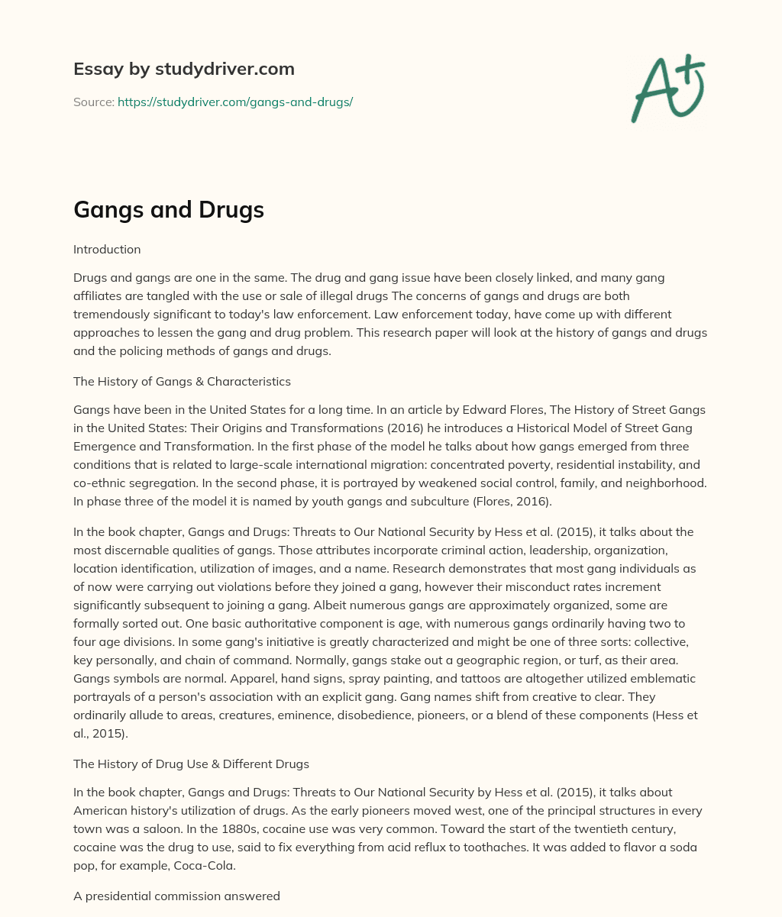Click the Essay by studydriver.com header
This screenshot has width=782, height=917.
(x=183, y=69)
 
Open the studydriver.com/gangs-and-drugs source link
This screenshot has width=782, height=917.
(x=234, y=102)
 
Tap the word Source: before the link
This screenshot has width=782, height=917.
(x=94, y=102)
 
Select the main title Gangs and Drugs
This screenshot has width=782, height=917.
(x=168, y=210)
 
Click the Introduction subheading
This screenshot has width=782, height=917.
(x=107, y=249)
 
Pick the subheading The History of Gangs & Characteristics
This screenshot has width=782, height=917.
(x=182, y=381)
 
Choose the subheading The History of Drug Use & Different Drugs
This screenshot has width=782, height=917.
(x=191, y=763)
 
